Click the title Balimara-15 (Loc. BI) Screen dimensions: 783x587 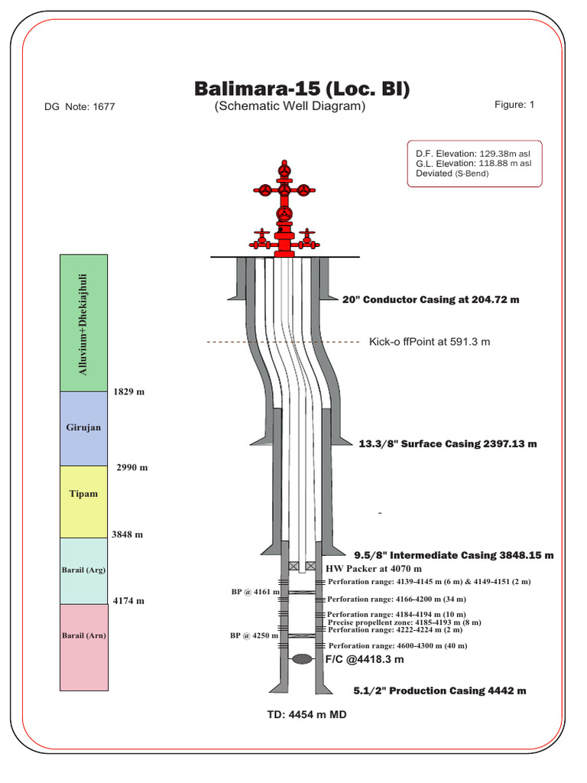[x=302, y=89]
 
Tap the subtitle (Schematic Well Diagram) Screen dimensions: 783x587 [x=290, y=106]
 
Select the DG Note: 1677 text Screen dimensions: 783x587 [x=80, y=107]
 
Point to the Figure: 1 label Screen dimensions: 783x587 [x=514, y=105]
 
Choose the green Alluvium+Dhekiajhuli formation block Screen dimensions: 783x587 [x=84, y=323]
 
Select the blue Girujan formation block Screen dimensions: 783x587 [x=84, y=428]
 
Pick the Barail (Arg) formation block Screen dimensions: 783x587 [x=84, y=570]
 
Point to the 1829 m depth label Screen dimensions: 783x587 [x=129, y=391]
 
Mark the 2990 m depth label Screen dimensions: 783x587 [x=132, y=467]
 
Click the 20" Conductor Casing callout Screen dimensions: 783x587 [x=430, y=300]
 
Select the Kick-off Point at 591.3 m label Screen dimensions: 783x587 [x=429, y=342]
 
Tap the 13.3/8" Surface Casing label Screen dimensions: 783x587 [x=448, y=443]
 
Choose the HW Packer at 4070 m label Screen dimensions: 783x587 [x=373, y=569]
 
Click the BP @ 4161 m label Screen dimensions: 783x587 [x=255, y=592]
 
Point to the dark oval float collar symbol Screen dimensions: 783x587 [x=302, y=658]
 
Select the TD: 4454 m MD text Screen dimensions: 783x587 [x=300, y=716]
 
